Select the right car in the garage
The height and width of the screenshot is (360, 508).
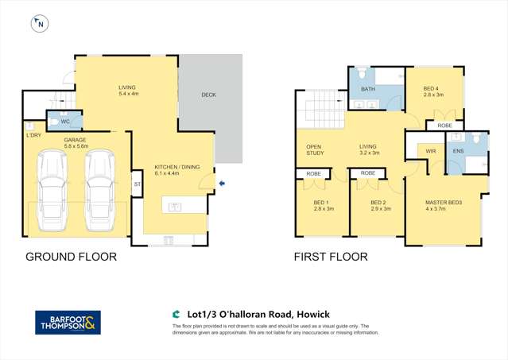click(100, 188)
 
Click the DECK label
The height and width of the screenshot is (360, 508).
click(209, 95)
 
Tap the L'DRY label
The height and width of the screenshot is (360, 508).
click(33, 136)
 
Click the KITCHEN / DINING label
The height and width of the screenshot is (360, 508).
click(173, 167)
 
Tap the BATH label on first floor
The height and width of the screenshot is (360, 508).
click(367, 90)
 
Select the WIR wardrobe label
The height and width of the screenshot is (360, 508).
click(431, 150)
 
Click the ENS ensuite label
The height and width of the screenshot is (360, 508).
click(458, 150)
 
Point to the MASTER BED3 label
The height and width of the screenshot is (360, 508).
click(444, 203)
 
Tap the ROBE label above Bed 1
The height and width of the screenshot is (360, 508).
click(314, 173)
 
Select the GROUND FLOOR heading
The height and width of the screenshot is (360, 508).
click(72, 257)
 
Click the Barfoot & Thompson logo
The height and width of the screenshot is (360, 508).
click(69, 322)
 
